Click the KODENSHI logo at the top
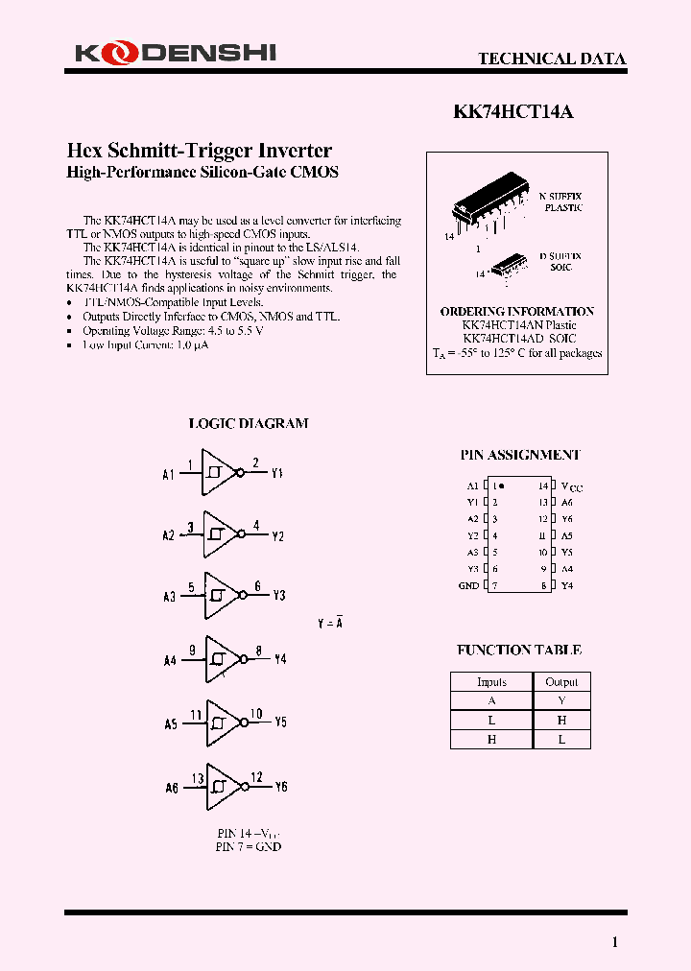175,54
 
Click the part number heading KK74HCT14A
512,111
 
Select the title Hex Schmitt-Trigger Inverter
199,151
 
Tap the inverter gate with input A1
218,474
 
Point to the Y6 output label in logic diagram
280,787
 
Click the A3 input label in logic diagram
169,597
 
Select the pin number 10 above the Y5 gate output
256,714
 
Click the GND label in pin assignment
468,585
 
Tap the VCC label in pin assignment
571,487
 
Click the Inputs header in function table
491,682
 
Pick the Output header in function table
561,682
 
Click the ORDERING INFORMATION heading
516,312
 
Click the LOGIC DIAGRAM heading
248,423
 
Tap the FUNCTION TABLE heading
518,651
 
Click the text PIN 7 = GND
249,847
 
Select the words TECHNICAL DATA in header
552,59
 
